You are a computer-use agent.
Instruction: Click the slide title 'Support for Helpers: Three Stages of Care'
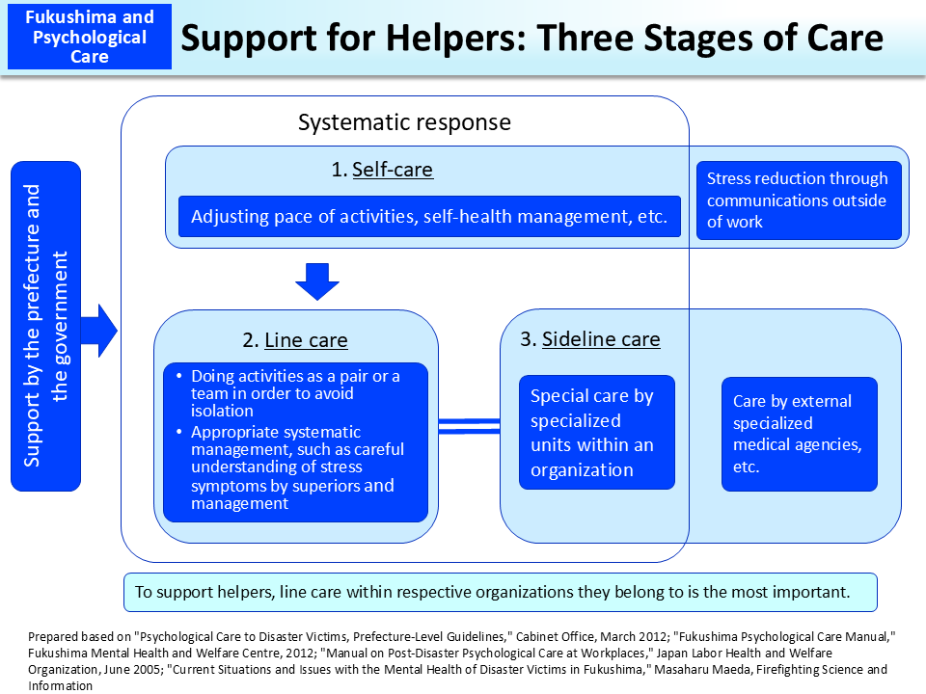[x=531, y=38]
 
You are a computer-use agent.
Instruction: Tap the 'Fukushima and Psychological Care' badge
[x=90, y=37]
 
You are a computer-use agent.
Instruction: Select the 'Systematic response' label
[x=404, y=122]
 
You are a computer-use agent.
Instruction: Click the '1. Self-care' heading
[x=382, y=170]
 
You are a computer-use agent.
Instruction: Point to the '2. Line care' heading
[x=295, y=340]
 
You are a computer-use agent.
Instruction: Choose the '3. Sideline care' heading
[x=589, y=338]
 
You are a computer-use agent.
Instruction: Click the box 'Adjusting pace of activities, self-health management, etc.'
[x=429, y=217]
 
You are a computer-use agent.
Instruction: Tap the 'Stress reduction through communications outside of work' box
[x=798, y=200]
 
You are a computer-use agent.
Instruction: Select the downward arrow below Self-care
[x=316, y=280]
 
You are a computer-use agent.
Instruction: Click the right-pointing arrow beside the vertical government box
[x=99, y=331]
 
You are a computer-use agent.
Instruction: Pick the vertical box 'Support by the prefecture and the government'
[x=46, y=326]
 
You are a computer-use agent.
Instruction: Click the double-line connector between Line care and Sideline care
[x=469, y=424]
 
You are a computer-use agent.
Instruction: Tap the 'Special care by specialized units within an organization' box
[x=596, y=433]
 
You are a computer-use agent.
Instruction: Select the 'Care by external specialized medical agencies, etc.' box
[x=799, y=434]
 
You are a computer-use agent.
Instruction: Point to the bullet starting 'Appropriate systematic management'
[x=295, y=467]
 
